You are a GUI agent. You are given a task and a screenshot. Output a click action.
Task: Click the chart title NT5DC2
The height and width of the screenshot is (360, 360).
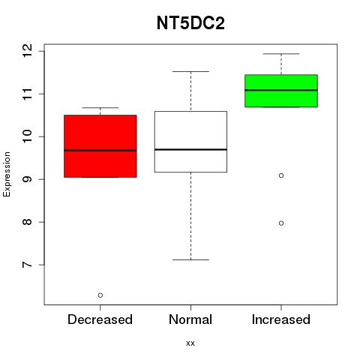click(x=190, y=23)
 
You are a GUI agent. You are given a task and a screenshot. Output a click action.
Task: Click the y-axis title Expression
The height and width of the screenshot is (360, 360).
click(x=7, y=174)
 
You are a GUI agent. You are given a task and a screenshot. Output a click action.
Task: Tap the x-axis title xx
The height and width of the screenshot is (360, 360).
click(x=190, y=343)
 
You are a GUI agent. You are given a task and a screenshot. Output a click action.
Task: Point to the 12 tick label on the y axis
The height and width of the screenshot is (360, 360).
click(x=27, y=51)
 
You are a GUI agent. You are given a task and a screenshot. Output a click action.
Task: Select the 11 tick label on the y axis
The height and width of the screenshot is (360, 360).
click(x=27, y=94)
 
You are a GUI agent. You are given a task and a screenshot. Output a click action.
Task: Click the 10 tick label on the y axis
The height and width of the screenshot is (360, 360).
click(x=27, y=136)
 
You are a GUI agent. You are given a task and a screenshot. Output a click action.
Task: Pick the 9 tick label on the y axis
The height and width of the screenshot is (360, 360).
click(x=27, y=179)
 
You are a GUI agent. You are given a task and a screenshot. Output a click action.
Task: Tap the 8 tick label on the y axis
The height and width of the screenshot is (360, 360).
click(x=27, y=222)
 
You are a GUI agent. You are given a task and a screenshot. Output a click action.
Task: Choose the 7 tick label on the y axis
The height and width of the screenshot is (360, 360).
click(x=27, y=265)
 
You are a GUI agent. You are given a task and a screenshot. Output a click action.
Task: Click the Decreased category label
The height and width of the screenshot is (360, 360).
click(x=100, y=319)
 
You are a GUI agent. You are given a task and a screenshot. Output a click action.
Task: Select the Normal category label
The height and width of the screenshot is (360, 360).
click(x=190, y=319)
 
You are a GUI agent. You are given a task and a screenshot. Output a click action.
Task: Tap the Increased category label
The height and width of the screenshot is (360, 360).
click(x=281, y=319)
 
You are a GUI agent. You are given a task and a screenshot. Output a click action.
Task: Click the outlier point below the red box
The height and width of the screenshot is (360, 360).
click(x=100, y=295)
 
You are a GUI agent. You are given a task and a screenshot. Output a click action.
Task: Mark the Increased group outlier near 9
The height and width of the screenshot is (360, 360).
click(x=281, y=175)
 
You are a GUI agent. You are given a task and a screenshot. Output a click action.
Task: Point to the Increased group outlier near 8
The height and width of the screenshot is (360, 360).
click(x=281, y=223)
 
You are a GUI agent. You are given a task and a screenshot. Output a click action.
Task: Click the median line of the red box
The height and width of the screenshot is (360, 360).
click(x=100, y=151)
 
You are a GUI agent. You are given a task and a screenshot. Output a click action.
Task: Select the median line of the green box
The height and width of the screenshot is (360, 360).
click(x=281, y=90)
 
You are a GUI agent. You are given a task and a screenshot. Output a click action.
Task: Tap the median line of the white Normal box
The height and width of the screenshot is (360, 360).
click(x=190, y=149)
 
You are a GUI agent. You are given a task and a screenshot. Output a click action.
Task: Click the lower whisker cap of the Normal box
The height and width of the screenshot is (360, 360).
click(x=190, y=259)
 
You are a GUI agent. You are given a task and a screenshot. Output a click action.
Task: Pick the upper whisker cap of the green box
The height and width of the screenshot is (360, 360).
click(x=281, y=54)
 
